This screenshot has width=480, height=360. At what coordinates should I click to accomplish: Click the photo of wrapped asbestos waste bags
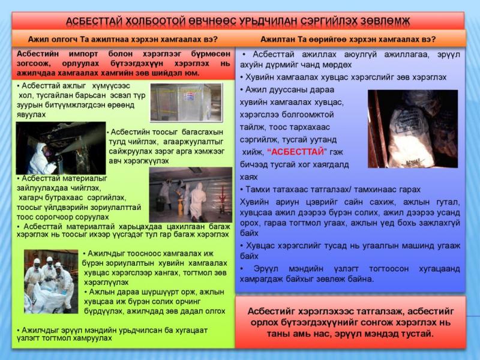click(x=412, y=128)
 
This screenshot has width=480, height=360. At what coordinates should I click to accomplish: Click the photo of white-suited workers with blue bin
click(x=190, y=194)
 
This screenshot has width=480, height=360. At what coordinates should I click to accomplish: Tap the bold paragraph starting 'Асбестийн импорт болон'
click(x=122, y=63)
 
